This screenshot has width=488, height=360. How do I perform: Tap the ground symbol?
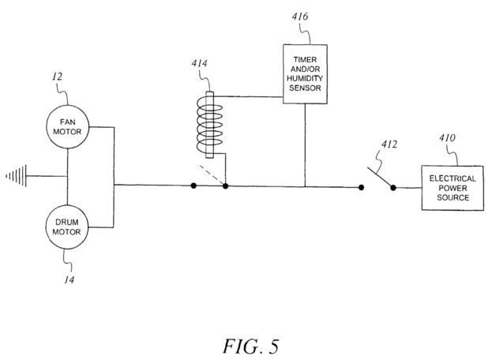click(17, 176)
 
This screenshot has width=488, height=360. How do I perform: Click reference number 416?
click(300, 16)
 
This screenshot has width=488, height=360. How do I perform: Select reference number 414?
click(199, 63)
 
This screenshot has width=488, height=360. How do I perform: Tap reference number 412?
click(389, 144)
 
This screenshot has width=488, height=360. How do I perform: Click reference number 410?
click(447, 137)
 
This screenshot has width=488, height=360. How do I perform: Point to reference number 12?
click(57, 77)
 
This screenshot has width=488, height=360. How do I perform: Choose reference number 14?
click(69, 280)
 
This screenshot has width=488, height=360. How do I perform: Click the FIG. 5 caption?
click(250, 347)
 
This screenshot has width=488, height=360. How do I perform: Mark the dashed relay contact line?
click(212, 174)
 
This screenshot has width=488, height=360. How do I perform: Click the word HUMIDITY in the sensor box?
click(305, 78)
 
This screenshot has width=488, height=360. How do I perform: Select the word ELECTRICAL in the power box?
click(452, 178)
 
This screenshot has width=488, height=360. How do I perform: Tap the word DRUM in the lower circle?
click(67, 222)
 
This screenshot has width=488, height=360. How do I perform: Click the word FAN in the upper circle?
click(68, 122)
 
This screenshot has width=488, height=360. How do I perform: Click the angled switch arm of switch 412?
click(380, 178)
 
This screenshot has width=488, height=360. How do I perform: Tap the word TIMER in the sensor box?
click(305, 59)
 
